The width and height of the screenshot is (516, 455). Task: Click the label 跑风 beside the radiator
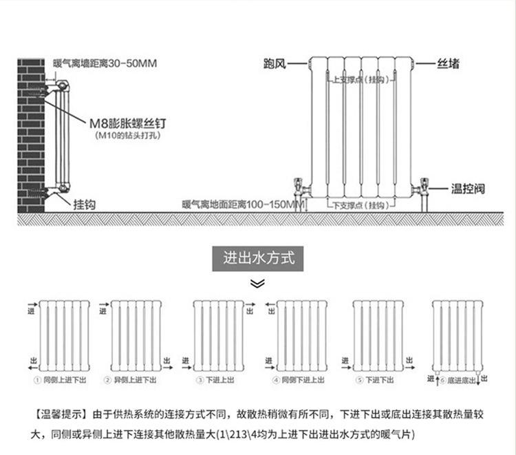click(275, 64)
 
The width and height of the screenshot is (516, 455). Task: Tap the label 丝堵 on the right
click(448, 64)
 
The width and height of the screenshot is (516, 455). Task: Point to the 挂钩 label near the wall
click(84, 204)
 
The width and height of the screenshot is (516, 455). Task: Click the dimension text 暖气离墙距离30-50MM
click(105, 63)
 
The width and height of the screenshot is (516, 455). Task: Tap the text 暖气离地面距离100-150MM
click(242, 204)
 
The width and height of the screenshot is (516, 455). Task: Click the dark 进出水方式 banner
click(258, 259)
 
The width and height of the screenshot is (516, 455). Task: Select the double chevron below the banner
click(257, 283)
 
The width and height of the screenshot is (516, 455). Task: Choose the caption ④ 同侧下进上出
click(299, 380)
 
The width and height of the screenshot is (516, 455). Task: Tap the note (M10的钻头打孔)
click(127, 136)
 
